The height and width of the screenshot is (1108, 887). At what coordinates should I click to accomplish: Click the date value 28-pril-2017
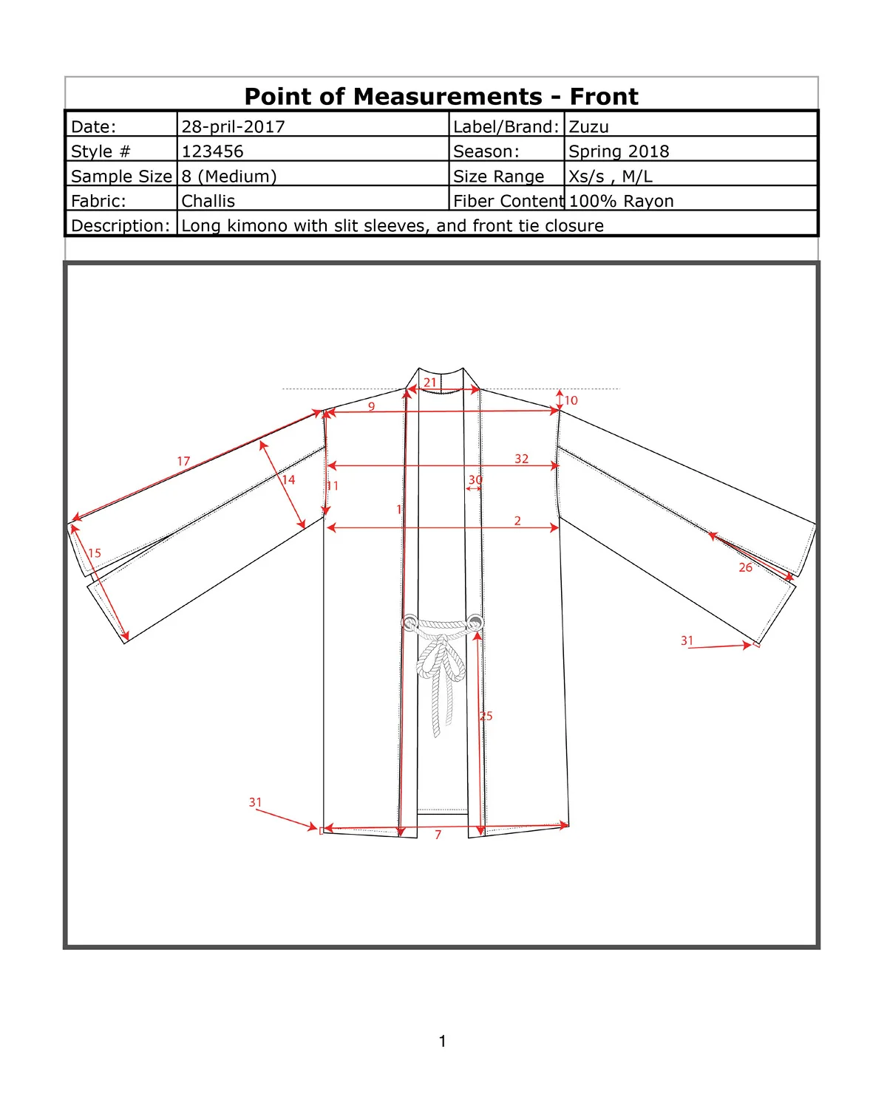[233, 126]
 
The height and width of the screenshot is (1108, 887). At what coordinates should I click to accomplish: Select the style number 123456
[212, 151]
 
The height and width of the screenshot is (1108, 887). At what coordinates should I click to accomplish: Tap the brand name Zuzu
[588, 126]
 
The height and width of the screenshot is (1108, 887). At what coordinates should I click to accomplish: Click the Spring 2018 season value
[619, 151]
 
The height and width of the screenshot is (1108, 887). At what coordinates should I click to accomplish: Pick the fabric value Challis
[208, 201]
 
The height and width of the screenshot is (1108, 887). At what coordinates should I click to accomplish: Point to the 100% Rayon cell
[621, 201]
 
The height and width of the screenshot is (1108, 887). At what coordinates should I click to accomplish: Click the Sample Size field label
[121, 176]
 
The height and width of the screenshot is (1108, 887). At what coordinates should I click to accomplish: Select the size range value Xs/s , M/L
[610, 177]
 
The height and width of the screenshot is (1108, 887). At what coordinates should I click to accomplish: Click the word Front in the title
[603, 97]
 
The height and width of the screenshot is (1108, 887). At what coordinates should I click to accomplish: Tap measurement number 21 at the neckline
[430, 383]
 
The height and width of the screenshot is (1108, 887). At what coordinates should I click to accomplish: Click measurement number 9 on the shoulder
[371, 406]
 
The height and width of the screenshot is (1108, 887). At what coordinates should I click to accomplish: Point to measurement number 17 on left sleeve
[183, 461]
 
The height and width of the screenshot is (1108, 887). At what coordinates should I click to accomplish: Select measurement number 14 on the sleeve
[288, 479]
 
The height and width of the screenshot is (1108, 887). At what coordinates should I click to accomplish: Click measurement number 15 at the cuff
[95, 553]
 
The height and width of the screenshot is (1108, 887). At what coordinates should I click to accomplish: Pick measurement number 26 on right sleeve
[745, 567]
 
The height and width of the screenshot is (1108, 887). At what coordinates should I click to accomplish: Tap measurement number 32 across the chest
[521, 459]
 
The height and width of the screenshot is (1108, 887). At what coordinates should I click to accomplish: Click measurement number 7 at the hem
[438, 835]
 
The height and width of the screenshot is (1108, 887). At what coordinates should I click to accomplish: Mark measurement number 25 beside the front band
[486, 716]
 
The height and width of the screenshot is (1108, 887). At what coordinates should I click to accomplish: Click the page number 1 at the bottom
[442, 1042]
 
